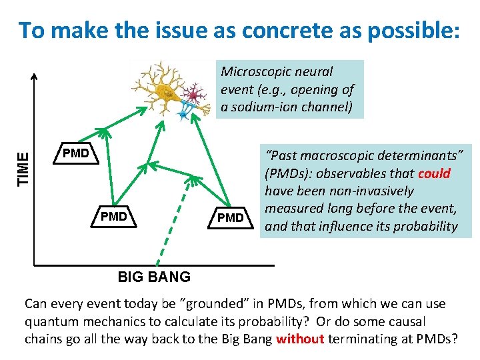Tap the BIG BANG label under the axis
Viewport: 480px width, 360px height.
[x=154, y=277]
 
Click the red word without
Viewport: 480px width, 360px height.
[x=299, y=338]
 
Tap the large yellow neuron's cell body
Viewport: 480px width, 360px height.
[x=165, y=93]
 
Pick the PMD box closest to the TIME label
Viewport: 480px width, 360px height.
[x=75, y=154]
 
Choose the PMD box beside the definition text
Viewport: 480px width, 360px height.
[x=231, y=217]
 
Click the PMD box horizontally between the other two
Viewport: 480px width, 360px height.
[x=113, y=217]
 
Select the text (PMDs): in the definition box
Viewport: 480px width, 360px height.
[x=287, y=174]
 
